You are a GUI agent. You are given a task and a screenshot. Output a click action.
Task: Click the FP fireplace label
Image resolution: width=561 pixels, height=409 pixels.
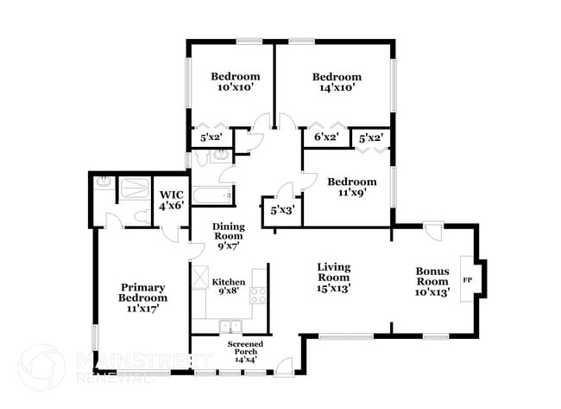pos(468,281)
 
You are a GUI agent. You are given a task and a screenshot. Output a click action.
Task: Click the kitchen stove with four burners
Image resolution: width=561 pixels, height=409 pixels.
pos(258,295)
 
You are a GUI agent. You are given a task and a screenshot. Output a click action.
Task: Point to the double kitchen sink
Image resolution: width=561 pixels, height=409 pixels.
pos(230,326)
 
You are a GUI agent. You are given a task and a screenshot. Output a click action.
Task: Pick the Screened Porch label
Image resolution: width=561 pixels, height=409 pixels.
pos(245,352)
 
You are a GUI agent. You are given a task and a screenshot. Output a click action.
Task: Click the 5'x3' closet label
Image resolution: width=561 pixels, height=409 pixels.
pos(281,210)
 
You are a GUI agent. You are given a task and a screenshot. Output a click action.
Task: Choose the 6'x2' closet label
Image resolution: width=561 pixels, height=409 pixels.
pos(325,137)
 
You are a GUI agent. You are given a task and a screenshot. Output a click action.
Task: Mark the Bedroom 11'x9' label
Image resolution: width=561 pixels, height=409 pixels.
pos(351,187)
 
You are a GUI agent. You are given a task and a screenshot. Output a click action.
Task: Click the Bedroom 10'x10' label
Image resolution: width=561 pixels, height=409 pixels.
pos(236,81)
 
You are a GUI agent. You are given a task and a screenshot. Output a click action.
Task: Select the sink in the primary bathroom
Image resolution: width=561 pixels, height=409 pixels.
pos(104,182)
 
